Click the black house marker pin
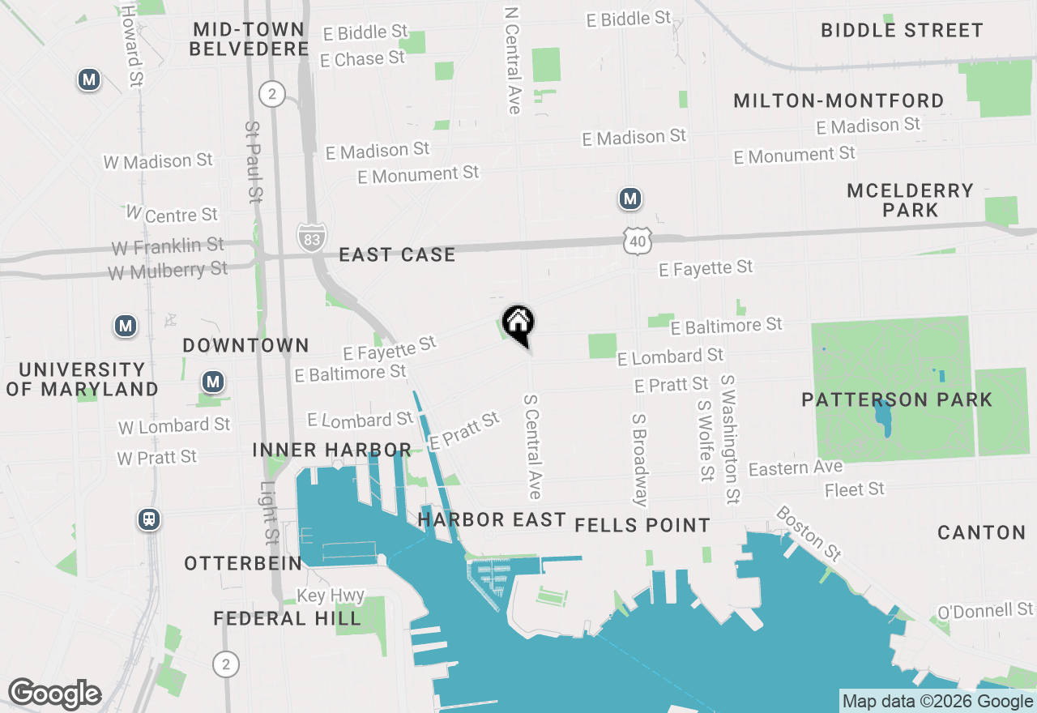click(x=518, y=324)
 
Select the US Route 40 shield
click(x=638, y=239)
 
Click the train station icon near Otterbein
click(x=148, y=519)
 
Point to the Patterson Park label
click(x=896, y=399)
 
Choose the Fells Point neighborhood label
click(x=642, y=525)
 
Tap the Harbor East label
click(x=492, y=519)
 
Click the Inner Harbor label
click(x=331, y=450)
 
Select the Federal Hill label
click(x=287, y=619)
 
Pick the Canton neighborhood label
click(x=981, y=532)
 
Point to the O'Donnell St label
click(x=985, y=609)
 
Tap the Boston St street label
click(x=809, y=533)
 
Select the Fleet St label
click(x=854, y=489)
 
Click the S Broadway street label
click(x=640, y=459)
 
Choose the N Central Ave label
click(x=512, y=61)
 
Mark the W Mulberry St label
click(x=168, y=270)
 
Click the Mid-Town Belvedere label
click(x=249, y=39)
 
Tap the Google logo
click(x=54, y=694)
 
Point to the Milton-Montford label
click(x=838, y=101)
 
